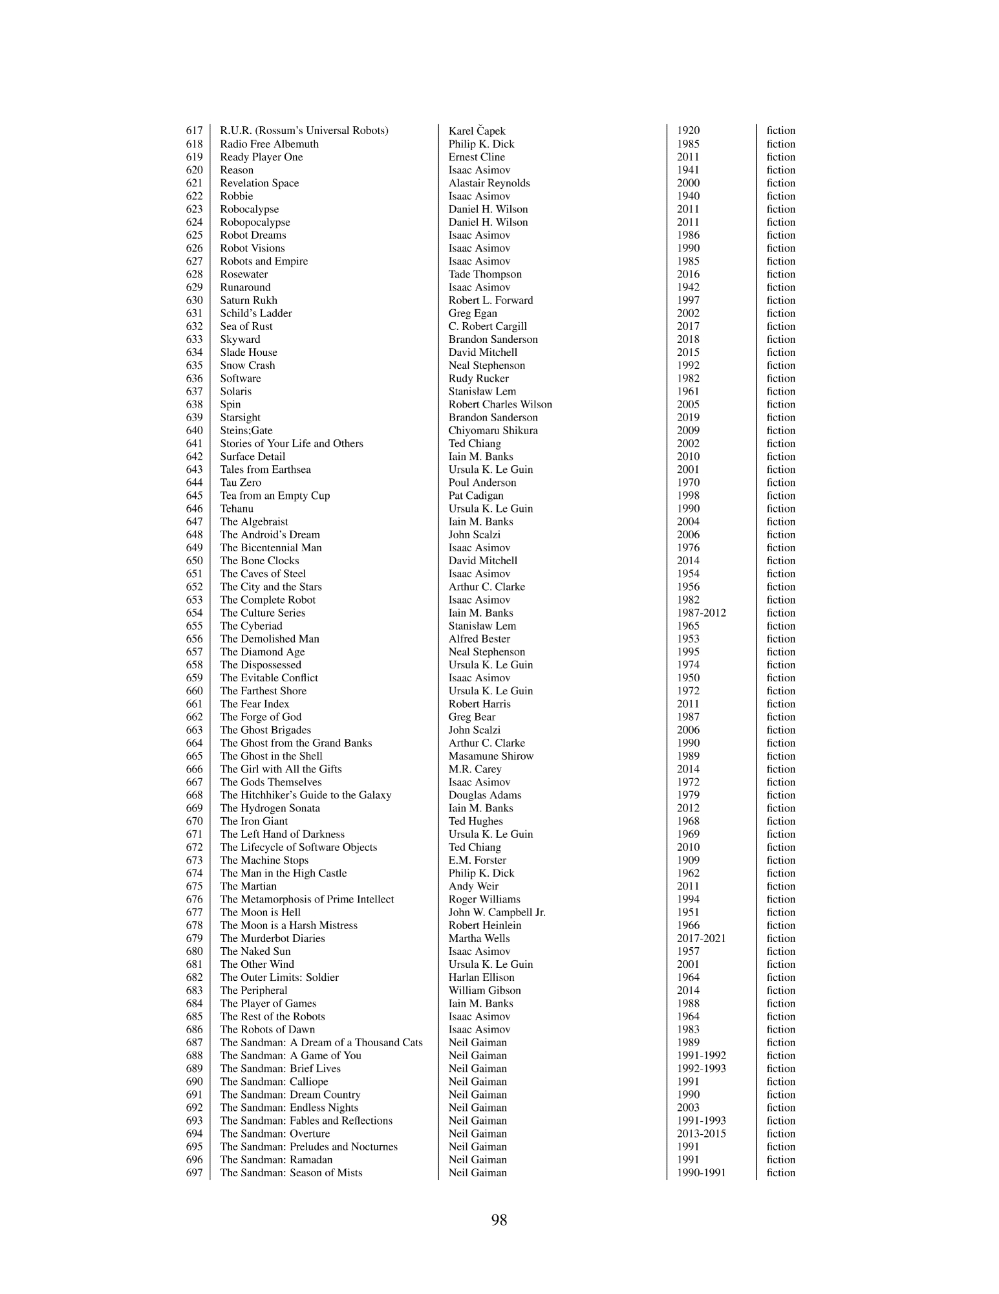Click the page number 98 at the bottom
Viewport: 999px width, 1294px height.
[x=499, y=1220]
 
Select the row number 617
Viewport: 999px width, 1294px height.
[x=194, y=131]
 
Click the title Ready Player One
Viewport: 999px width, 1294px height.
[x=261, y=157]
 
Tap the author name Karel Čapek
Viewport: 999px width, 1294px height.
[x=477, y=131]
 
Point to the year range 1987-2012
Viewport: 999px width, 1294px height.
[x=701, y=613]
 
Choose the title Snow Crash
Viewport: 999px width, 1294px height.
[x=247, y=366]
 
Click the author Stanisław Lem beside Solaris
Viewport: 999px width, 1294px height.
[x=482, y=391]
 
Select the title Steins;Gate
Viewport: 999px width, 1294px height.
[x=246, y=430]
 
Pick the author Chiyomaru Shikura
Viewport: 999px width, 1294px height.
[x=493, y=430]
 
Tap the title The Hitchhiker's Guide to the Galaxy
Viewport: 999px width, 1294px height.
[x=305, y=795]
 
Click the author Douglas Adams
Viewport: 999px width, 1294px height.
[x=484, y=795]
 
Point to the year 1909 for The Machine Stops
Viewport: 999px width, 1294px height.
[x=688, y=860]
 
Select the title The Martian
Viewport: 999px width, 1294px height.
[x=248, y=886]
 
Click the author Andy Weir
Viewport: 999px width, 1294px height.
[x=473, y=886]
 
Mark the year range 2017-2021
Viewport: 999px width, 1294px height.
[x=701, y=938]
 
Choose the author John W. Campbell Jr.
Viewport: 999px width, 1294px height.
[x=497, y=912]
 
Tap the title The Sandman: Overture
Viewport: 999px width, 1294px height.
[x=275, y=1134]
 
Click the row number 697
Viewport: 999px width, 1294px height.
[x=194, y=1172]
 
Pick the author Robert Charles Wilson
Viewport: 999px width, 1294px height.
[x=500, y=404]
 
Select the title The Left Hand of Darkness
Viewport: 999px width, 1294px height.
[x=282, y=834]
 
